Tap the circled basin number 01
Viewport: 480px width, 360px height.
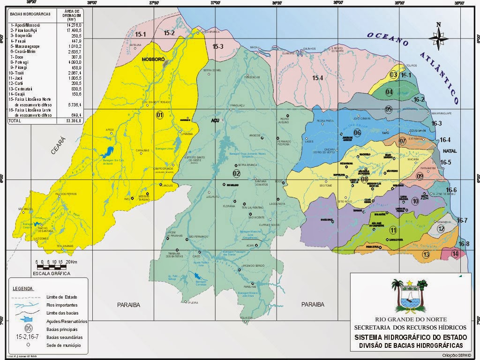(x=159, y=115)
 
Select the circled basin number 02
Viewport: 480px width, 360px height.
(x=236, y=173)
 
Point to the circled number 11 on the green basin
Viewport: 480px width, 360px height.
(x=393, y=230)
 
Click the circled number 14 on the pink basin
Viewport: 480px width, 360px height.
(x=455, y=254)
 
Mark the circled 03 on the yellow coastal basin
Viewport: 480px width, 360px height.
(x=394, y=75)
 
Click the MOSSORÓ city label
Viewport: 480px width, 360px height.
(x=153, y=60)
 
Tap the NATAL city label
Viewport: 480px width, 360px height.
(x=450, y=151)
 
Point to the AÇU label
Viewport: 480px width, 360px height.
(x=215, y=120)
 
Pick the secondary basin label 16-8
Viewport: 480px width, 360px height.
(x=464, y=244)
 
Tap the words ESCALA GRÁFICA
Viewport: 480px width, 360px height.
(x=52, y=273)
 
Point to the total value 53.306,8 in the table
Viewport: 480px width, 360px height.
(x=75, y=120)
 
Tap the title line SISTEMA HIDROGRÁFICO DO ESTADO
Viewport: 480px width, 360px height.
(x=411, y=337)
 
